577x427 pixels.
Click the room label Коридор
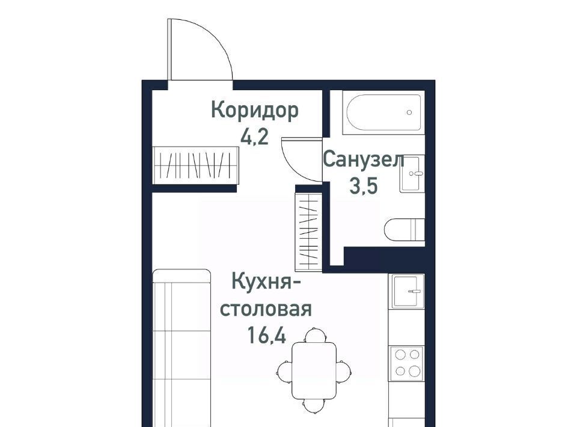coord(255,111)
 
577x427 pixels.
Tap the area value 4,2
coord(255,137)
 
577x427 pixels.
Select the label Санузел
coord(364,160)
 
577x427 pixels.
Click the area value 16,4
coord(267,335)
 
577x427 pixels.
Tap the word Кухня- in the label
coord(266,283)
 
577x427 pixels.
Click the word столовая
coord(266,309)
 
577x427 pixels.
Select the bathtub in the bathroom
coord(383,112)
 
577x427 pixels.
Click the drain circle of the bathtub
coord(409,112)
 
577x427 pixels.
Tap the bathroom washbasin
coord(412,173)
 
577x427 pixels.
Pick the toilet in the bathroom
coord(405,230)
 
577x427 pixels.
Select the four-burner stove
coord(408,363)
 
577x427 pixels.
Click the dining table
coord(314,370)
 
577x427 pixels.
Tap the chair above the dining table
coord(316,335)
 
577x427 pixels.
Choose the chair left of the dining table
coord(284,371)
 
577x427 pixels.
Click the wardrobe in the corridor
coord(196,165)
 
